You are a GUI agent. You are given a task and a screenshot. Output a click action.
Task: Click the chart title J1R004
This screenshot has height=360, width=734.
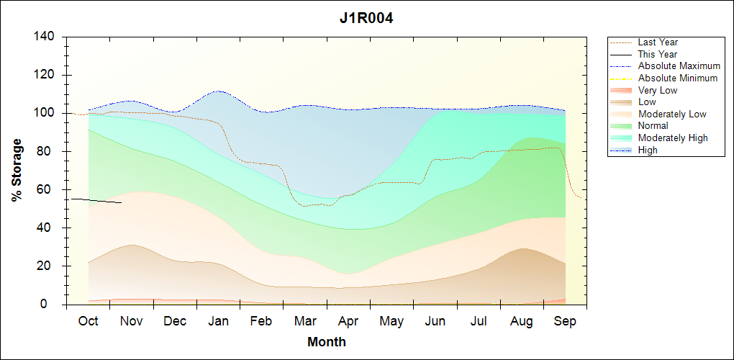point(366,18)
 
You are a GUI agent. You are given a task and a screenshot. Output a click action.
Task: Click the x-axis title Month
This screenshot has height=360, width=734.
point(327,342)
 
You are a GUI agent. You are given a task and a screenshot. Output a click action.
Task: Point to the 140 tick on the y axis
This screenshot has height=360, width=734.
point(48,37)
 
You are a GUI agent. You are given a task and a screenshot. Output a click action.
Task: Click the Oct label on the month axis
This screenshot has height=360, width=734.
point(88,321)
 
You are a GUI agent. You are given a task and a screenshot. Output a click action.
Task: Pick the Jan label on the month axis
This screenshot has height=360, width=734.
point(218,321)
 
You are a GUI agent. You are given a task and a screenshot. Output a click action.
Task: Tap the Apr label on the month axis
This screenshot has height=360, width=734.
point(348,321)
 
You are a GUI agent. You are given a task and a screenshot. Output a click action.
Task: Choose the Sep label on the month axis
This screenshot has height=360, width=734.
point(565,321)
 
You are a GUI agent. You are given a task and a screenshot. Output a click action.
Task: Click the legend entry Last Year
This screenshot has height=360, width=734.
point(658,42)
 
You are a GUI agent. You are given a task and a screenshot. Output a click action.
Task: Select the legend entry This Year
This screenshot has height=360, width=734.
point(658,54)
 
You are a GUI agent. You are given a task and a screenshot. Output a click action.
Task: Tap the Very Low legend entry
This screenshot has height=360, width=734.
point(658,90)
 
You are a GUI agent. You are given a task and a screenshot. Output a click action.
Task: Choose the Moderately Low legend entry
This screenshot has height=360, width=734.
point(672,114)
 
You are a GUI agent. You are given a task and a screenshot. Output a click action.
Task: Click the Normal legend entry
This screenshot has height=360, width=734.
point(653,126)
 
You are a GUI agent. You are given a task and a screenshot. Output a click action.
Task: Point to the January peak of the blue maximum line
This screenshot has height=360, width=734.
point(218,91)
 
